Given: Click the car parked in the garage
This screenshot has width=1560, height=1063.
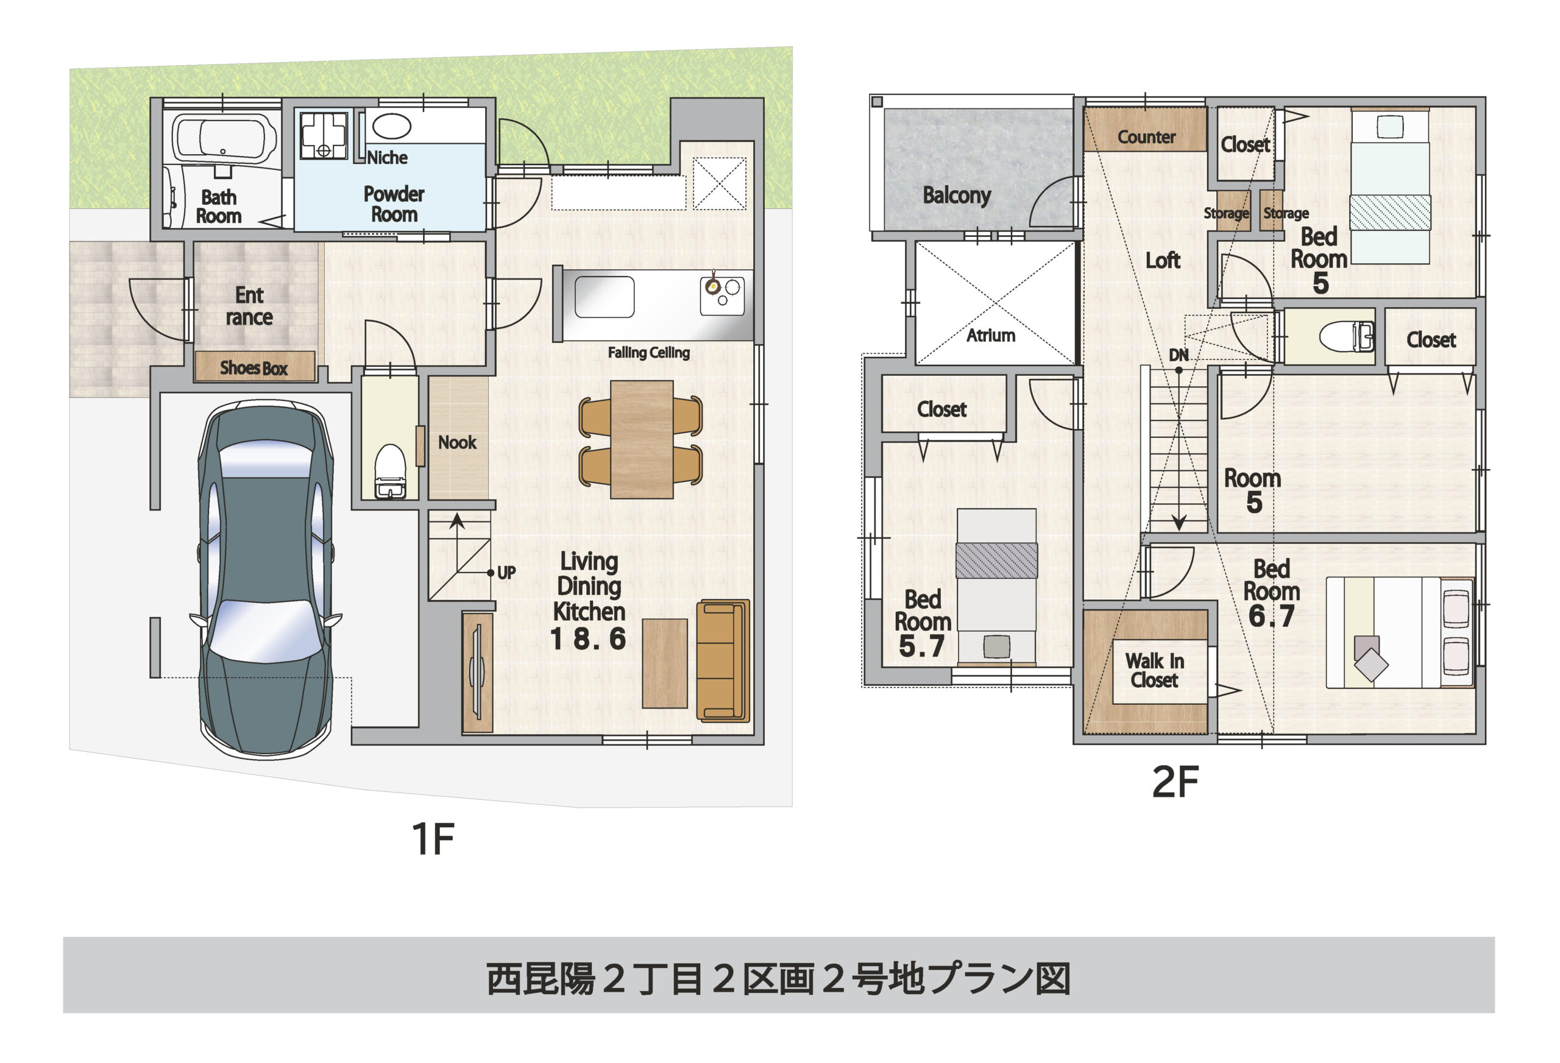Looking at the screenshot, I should click(266, 577).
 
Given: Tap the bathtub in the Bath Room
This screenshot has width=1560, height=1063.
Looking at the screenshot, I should click(224, 139).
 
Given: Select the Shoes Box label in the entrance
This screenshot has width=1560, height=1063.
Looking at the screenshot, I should click(253, 368).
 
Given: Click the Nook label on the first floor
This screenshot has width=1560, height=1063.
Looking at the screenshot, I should click(457, 442).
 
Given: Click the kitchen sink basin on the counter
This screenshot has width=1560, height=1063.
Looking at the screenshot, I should click(604, 297).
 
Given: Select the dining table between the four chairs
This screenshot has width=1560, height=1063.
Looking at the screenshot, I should click(642, 440).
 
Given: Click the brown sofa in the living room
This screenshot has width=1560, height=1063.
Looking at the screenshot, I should click(722, 660).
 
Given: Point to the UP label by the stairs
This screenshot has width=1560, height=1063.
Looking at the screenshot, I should click(506, 573).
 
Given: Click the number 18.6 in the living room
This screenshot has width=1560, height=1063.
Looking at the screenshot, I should click(588, 639).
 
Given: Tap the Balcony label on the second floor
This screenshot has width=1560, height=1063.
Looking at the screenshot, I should click(957, 196).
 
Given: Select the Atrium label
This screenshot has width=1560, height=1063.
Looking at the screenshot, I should click(990, 335).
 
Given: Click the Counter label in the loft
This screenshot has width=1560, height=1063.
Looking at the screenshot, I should click(1146, 137).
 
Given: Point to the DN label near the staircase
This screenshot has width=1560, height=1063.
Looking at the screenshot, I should click(1178, 355).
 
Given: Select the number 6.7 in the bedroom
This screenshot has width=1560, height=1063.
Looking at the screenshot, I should click(1271, 616).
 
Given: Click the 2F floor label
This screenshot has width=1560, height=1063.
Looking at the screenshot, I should click(1175, 782).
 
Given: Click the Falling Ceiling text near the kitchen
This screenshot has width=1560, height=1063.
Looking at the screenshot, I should click(648, 352).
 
